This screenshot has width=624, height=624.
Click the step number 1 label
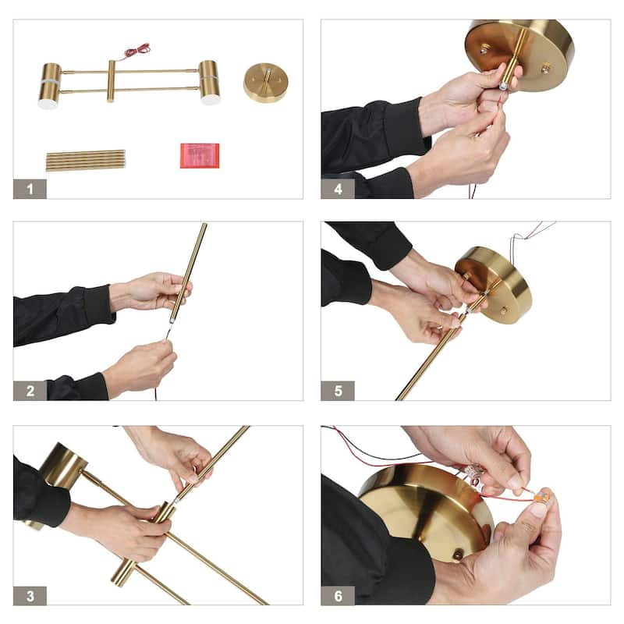[x=30, y=189]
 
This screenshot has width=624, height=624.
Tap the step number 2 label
[x=30, y=391]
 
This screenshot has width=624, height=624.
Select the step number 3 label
[x=30, y=596]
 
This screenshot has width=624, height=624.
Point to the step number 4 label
[x=338, y=189]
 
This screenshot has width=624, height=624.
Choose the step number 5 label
[x=338, y=391]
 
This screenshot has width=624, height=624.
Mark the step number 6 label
[x=338, y=596]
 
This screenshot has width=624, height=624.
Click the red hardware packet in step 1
[x=200, y=155]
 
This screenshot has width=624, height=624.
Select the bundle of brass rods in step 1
[x=86, y=161]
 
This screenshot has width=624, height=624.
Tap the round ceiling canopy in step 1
[x=265, y=83]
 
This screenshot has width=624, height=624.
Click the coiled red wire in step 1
[x=138, y=51]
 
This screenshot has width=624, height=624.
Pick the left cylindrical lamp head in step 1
[x=50, y=86]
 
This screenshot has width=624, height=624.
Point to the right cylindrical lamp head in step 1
[x=210, y=83]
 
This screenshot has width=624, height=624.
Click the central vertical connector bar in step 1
[x=111, y=81]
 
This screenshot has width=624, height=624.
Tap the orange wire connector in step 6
[x=541, y=496]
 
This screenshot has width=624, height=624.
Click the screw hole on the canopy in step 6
[x=458, y=553]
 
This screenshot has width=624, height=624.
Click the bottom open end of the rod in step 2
[x=172, y=320]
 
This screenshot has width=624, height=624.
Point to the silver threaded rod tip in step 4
[x=502, y=85]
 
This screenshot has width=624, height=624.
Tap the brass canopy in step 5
[x=494, y=285]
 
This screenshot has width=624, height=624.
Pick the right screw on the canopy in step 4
[x=545, y=68]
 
